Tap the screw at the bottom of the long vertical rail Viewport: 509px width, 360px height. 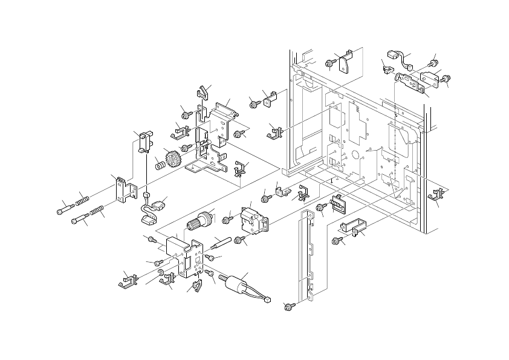coord(288,307)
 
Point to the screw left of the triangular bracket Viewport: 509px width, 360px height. coord(330,62)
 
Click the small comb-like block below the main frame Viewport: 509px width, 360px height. coord(339,206)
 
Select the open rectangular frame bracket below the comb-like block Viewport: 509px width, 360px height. coord(355,227)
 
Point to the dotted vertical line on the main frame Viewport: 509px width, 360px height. coord(395,139)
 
